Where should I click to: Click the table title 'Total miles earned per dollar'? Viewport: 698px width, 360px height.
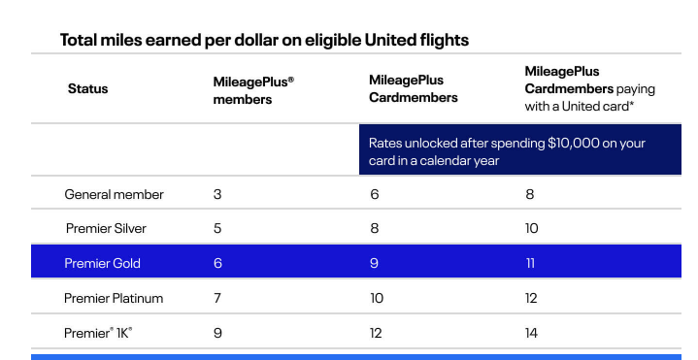coord(264,40)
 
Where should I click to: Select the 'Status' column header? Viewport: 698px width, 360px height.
coord(87,89)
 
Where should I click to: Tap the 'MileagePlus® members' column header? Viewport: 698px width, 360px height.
coord(252,90)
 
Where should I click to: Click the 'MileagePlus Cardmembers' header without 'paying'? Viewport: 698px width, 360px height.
coord(413,89)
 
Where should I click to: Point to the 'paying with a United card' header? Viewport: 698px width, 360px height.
coord(589,89)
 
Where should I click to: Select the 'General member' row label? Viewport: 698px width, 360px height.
coord(114,194)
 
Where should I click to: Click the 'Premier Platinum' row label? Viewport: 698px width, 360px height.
coord(114,298)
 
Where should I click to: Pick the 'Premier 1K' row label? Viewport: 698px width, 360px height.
coord(98,333)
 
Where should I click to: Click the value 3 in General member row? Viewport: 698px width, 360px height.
coord(217,194)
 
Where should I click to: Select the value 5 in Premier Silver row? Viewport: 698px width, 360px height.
coord(217,229)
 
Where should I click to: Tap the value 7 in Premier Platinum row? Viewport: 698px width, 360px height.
coord(217,298)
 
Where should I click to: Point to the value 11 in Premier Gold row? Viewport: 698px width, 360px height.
coord(530,263)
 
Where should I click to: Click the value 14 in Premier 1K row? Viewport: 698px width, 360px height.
coord(531,333)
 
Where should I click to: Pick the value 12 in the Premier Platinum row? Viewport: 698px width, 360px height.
coord(531,298)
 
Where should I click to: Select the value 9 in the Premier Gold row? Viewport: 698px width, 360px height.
coord(374,263)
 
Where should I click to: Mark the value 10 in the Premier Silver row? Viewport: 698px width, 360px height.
coord(531,229)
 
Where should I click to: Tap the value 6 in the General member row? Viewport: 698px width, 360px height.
coord(374,194)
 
